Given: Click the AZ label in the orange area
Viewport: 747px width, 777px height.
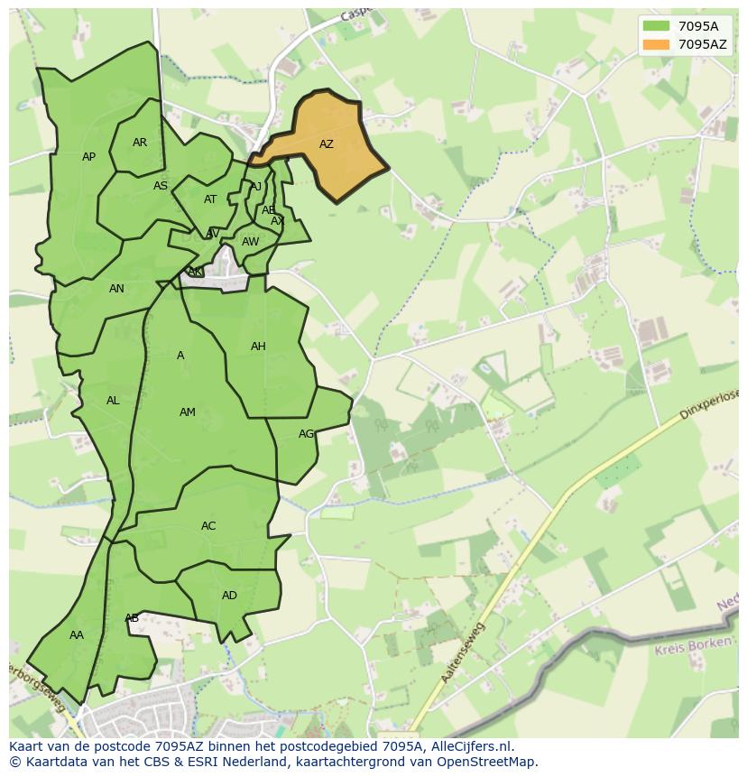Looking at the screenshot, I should coord(327,144).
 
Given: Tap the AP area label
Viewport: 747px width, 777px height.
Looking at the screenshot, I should coord(88,157).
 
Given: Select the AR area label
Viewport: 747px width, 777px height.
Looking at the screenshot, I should coord(140,143).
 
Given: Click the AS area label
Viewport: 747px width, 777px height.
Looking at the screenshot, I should coord(161,186).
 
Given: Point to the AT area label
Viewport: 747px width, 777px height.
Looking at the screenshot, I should coord(210,199).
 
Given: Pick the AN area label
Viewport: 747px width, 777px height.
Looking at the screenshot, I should coord(116,289).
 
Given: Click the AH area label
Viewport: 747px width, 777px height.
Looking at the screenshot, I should coord(258,347).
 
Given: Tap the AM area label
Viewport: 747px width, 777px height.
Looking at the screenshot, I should coord(187,412).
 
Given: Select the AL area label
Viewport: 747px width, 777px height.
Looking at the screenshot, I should coord(113,401).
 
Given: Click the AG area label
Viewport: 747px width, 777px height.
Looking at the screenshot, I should coord(307,434).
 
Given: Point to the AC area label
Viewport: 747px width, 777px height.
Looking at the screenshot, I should coord(208,526).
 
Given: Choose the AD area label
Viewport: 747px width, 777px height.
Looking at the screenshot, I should coord(229,596).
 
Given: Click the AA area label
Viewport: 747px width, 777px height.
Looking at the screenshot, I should coord(77,635).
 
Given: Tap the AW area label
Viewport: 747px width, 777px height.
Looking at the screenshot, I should coord(250,242).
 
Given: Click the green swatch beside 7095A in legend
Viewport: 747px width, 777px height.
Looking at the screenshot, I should coord(656,26).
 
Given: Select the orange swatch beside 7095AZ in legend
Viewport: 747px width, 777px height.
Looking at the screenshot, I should coord(656,44).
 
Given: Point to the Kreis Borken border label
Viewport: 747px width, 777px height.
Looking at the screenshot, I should coord(696,646).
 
